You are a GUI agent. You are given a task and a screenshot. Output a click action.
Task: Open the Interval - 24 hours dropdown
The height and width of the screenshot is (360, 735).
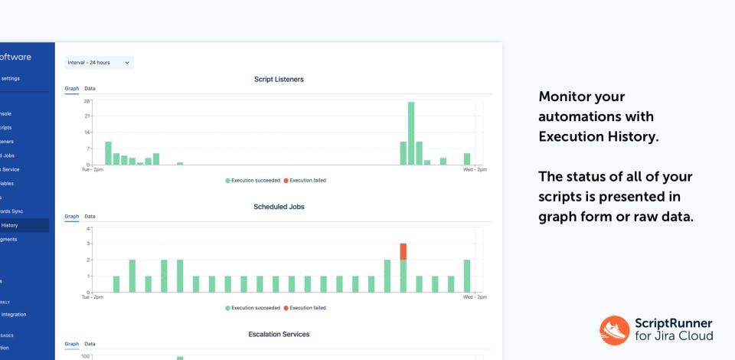point(99,62)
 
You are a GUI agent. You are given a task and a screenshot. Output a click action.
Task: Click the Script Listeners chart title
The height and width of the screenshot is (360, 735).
point(279,79)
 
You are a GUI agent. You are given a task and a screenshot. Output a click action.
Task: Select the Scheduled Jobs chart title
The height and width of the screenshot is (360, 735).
point(279,207)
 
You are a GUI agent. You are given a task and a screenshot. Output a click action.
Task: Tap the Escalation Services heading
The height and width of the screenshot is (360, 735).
point(279,335)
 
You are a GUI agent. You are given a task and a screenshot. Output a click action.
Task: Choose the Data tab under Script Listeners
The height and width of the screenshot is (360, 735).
point(90,89)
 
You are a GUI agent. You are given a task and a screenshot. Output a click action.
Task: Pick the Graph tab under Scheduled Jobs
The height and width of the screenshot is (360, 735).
point(71,217)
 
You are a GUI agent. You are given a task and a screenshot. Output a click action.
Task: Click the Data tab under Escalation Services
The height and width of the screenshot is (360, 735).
point(90,345)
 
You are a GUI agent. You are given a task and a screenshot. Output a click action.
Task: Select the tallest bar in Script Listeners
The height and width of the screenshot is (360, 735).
point(411,133)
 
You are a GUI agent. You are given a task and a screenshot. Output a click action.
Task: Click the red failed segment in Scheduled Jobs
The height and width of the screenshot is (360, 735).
point(403,251)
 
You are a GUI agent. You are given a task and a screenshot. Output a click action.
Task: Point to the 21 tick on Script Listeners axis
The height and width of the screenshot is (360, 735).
point(87,116)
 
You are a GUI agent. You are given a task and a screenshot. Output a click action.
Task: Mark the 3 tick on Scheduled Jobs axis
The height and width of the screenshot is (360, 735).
point(89,244)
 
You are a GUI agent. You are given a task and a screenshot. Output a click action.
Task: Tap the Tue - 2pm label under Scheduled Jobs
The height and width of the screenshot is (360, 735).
point(92,297)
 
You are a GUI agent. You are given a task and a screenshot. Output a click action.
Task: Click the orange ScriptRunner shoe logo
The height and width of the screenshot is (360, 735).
point(614,330)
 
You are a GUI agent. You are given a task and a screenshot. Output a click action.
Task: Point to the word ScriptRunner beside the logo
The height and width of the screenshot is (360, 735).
point(674,323)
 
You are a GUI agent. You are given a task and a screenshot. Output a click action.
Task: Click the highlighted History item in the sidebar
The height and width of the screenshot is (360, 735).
point(10,225)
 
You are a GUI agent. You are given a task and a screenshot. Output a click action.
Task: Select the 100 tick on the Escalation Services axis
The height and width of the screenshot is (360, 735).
point(86,356)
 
